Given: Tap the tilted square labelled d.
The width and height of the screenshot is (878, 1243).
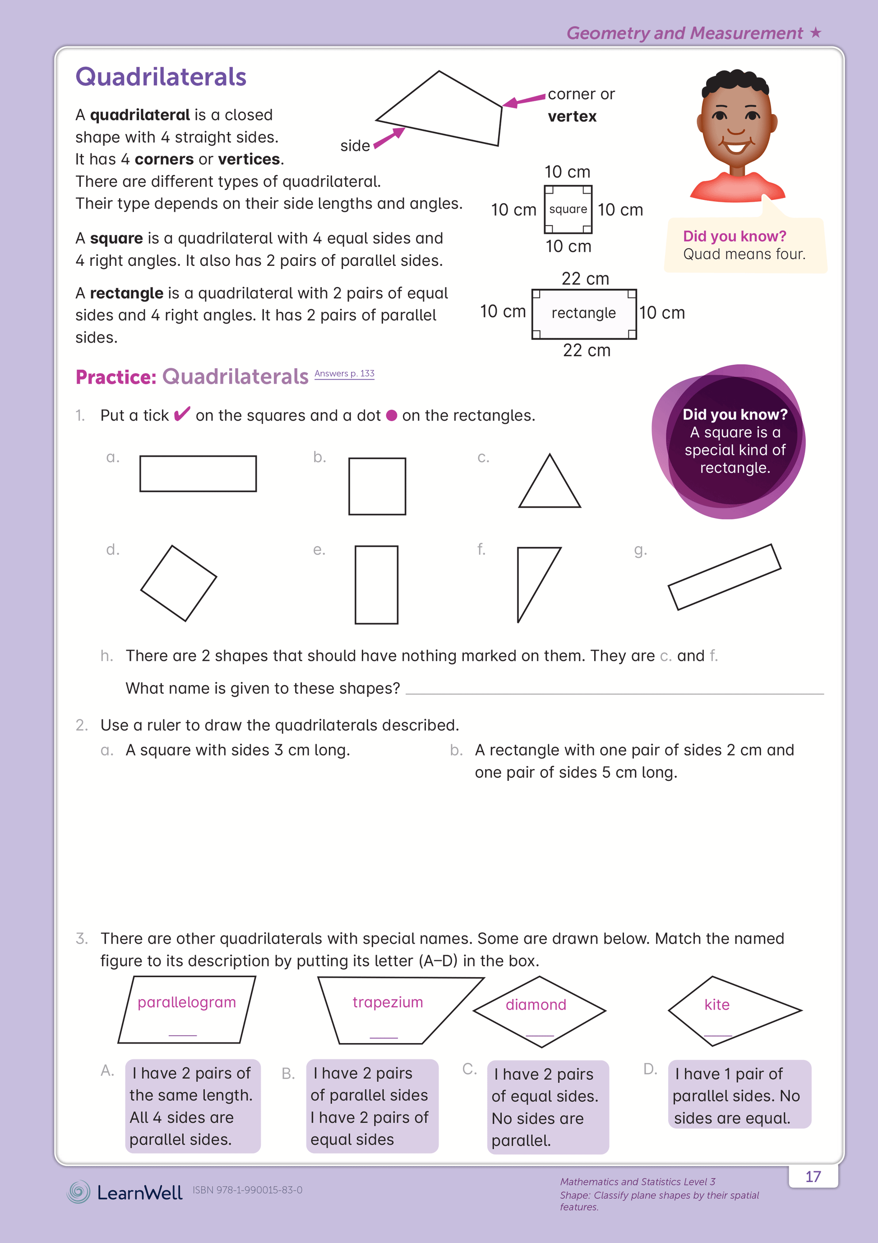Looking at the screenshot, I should (179, 583).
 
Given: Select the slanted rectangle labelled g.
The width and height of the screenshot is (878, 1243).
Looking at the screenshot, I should (724, 577).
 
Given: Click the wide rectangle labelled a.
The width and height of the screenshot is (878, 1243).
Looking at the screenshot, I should (198, 474).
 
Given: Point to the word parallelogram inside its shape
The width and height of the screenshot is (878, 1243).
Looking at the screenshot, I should (187, 1002).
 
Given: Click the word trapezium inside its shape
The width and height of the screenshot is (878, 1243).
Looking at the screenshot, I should (388, 1002).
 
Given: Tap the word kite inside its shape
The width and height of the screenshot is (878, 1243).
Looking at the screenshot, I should (716, 1005).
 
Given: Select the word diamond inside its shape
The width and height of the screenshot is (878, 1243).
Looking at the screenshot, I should (536, 1005).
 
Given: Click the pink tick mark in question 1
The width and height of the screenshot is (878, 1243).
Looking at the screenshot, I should (182, 414).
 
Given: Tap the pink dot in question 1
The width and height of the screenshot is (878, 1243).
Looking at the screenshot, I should (391, 416).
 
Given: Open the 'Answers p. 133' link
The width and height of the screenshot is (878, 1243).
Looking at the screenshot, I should (344, 374).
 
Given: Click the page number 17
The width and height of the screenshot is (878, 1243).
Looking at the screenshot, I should (813, 1177).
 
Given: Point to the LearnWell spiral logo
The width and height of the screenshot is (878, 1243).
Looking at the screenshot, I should (79, 1192).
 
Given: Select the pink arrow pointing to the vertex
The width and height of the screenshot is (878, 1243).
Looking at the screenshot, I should (523, 100).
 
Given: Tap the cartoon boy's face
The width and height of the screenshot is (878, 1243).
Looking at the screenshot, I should (736, 125).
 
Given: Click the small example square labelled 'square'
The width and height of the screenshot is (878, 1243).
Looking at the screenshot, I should (568, 209).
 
